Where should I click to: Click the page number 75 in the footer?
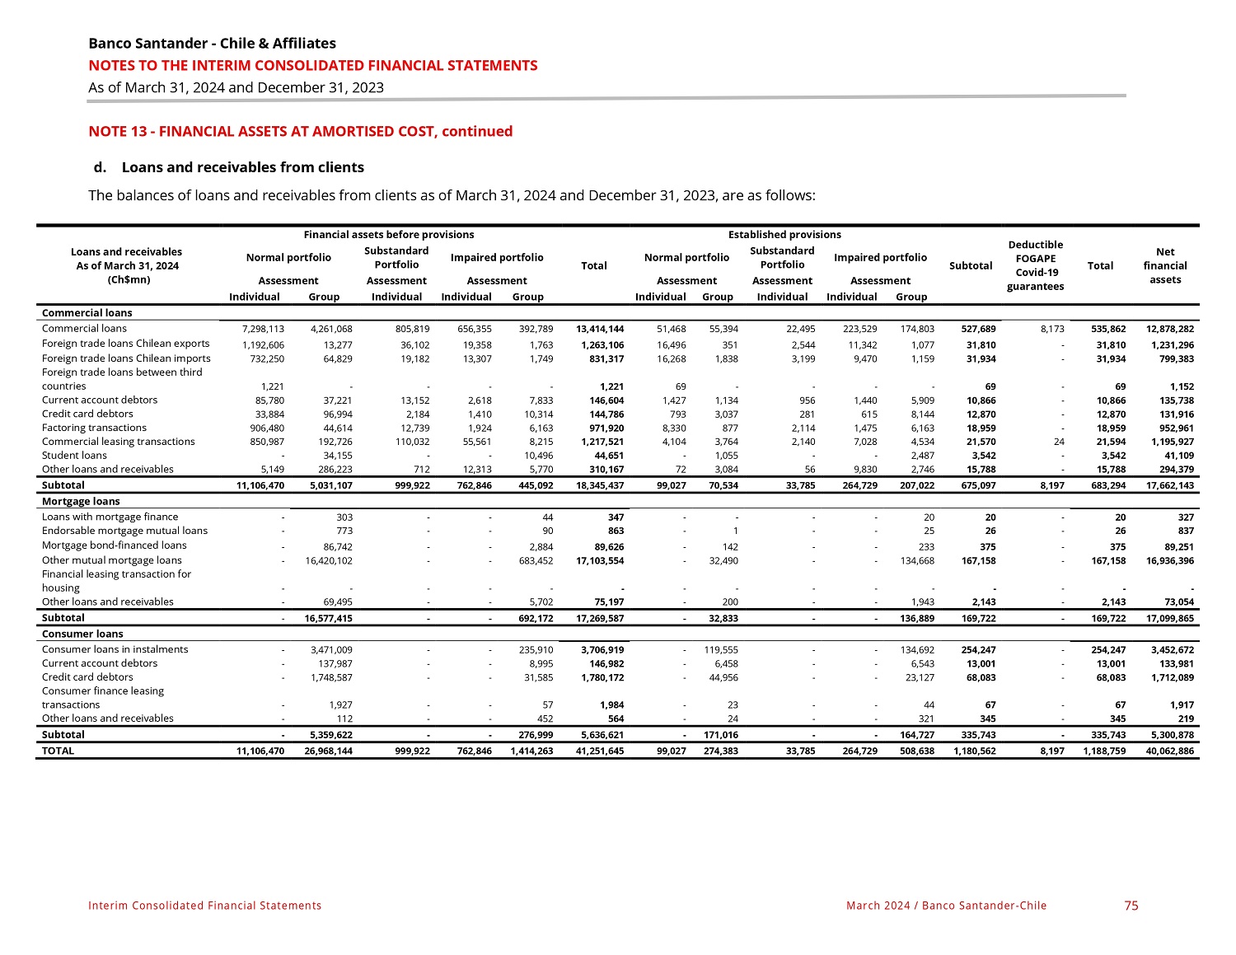(1131, 906)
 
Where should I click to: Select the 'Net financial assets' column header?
(1165, 265)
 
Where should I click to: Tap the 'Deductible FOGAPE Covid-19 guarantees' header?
(1036, 265)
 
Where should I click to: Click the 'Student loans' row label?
(74, 455)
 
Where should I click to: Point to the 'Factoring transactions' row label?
(94, 428)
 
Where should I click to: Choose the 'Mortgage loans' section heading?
(81, 501)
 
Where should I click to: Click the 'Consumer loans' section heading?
(82, 634)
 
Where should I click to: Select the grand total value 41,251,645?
(600, 751)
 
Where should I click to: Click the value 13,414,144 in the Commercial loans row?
(600, 329)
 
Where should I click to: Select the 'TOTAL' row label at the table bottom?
(58, 751)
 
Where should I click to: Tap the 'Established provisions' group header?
(784, 235)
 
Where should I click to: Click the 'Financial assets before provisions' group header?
(389, 235)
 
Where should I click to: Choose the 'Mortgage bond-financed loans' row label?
(115, 545)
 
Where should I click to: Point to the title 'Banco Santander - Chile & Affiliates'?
(212, 44)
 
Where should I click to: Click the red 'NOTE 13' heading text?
(300, 131)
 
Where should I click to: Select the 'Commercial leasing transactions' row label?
(119, 442)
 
